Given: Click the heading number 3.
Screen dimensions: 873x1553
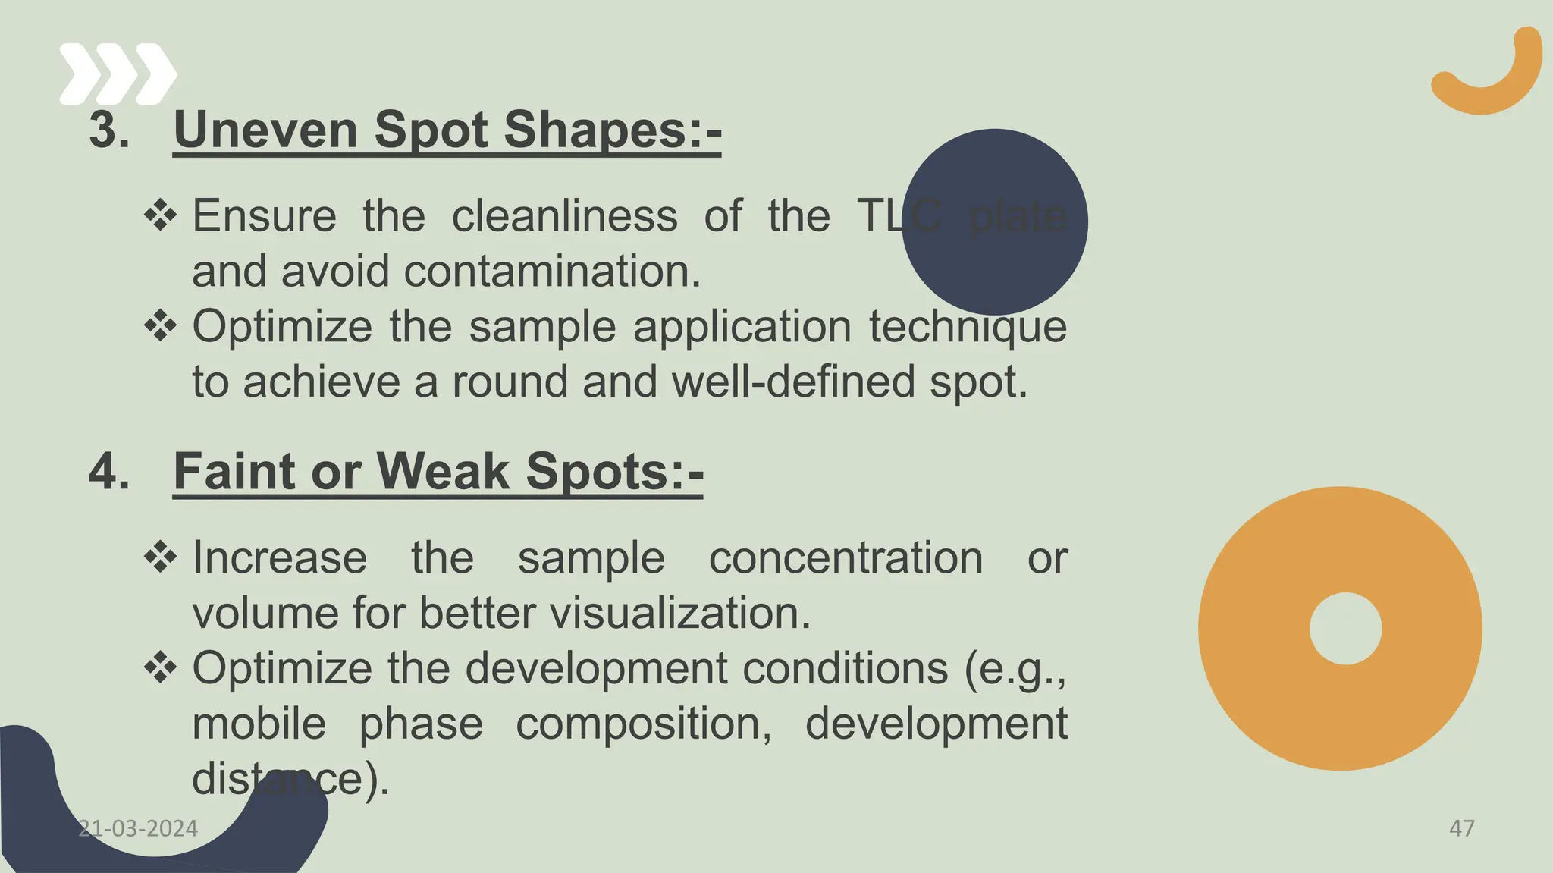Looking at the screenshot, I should (x=109, y=130).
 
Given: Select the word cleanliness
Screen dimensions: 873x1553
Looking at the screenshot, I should (x=564, y=216).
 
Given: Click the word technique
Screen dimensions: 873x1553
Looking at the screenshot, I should (x=968, y=328).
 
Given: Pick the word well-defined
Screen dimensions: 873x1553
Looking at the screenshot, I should (x=793, y=382).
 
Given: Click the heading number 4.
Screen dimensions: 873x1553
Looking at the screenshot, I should (x=109, y=472).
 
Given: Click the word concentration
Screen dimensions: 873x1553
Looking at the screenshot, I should (x=846, y=558).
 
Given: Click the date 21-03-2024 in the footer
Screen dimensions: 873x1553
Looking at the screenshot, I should (x=138, y=828).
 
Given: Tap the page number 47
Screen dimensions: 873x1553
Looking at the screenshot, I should (x=1461, y=828).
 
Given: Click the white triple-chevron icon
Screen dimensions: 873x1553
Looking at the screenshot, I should (x=118, y=74).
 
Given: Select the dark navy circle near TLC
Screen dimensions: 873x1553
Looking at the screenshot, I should (x=994, y=221).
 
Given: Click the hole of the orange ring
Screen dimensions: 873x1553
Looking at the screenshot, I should (x=1345, y=629).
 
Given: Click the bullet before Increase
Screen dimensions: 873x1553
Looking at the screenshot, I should (x=160, y=559).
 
